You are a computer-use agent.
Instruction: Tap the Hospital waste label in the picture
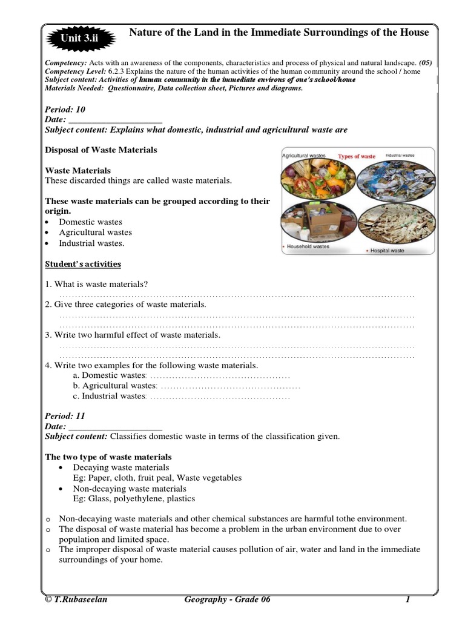tap(387, 250)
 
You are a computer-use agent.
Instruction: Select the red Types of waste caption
tap(357, 156)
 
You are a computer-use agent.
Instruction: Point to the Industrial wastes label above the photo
tap(400, 156)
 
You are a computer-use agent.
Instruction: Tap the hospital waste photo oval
tap(397, 225)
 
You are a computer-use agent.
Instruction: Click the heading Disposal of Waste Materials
tap(101, 150)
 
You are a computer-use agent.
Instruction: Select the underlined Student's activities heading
tap(84, 264)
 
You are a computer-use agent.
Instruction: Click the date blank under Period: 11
tap(116, 426)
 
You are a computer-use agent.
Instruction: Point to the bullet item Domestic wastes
tap(90, 222)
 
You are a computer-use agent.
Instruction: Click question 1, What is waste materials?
tap(97, 285)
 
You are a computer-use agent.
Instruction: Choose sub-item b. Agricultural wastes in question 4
tap(114, 386)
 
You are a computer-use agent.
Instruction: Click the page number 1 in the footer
tap(408, 600)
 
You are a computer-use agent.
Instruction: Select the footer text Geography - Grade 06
tap(226, 600)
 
